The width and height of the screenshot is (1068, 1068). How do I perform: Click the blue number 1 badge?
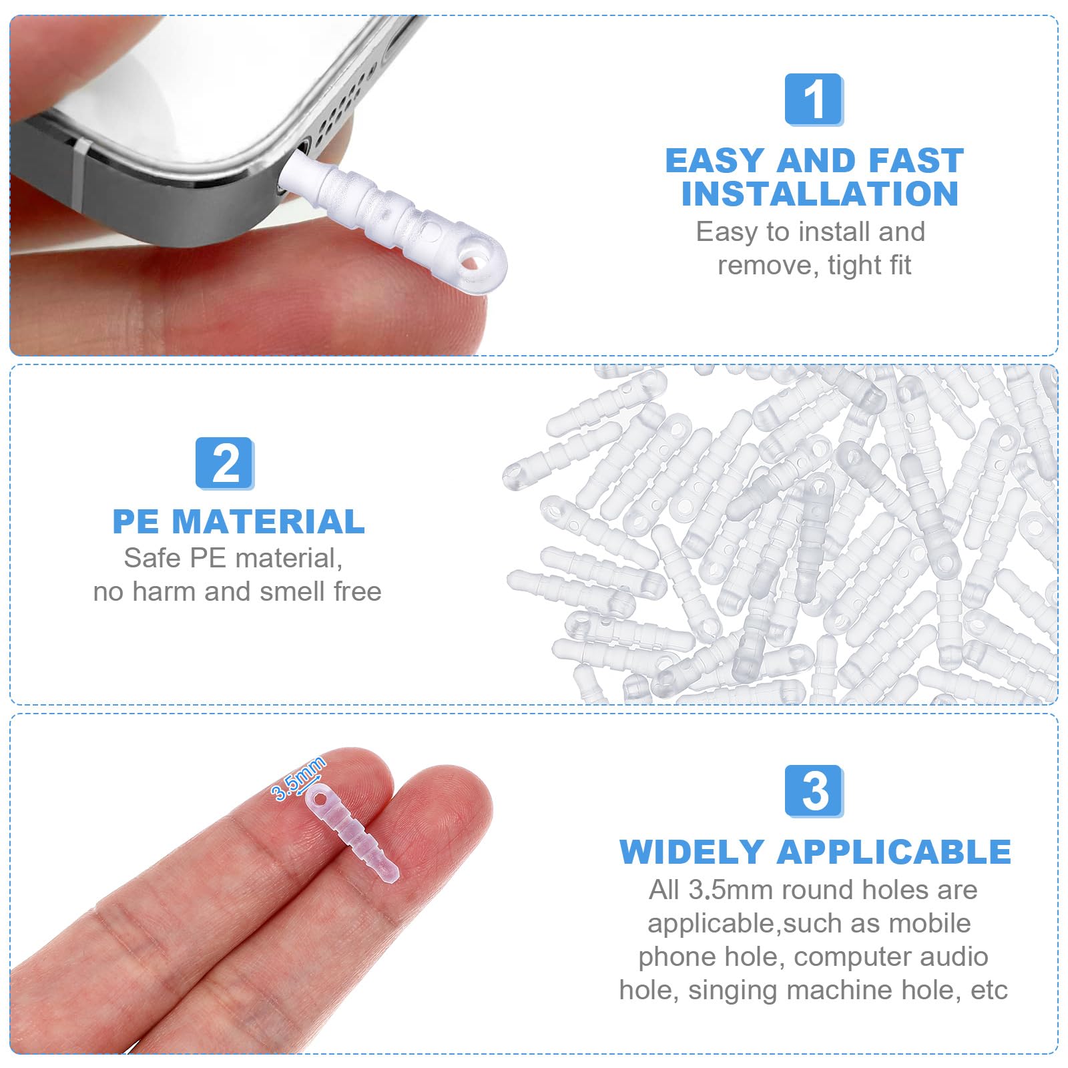pos(814,99)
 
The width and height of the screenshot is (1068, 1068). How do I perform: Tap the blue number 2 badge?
pos(225,463)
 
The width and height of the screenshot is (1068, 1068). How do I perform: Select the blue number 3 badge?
pos(814,791)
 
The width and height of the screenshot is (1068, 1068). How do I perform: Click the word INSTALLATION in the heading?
pos(820,194)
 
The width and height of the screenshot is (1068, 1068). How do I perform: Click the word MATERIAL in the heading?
pos(268,522)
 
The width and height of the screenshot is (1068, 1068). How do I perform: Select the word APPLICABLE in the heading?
pos(894,852)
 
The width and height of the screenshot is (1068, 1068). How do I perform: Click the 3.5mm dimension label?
pos(298,778)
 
